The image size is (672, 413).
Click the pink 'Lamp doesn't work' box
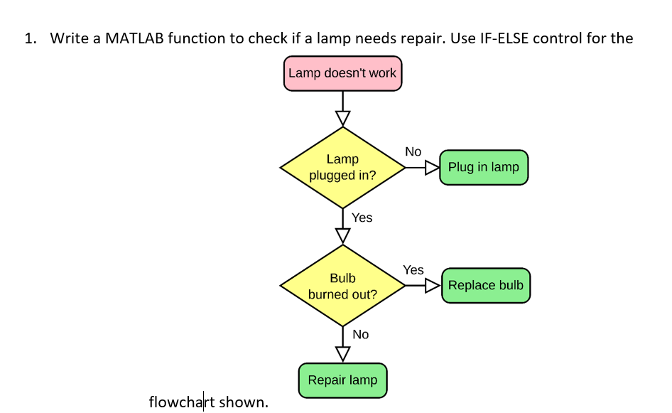point(342,73)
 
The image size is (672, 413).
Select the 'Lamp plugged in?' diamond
point(342,168)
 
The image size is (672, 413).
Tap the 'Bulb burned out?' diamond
point(342,286)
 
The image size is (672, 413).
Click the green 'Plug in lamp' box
point(484,167)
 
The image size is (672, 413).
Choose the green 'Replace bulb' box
point(486,285)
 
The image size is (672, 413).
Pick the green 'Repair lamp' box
point(342,380)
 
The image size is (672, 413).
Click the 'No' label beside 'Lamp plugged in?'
point(413,151)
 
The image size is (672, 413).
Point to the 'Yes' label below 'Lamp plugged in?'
point(362,218)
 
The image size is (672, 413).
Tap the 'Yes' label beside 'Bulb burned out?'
point(413,270)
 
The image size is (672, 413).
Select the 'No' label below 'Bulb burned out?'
point(360,334)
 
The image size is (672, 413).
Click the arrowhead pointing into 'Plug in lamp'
point(432,168)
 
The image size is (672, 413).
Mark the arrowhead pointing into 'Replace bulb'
point(433,286)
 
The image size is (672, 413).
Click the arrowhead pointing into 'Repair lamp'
point(343,353)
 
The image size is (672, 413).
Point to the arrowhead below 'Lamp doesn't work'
point(343,118)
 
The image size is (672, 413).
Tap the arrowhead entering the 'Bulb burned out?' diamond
point(343,235)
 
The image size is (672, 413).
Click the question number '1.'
point(30,38)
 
